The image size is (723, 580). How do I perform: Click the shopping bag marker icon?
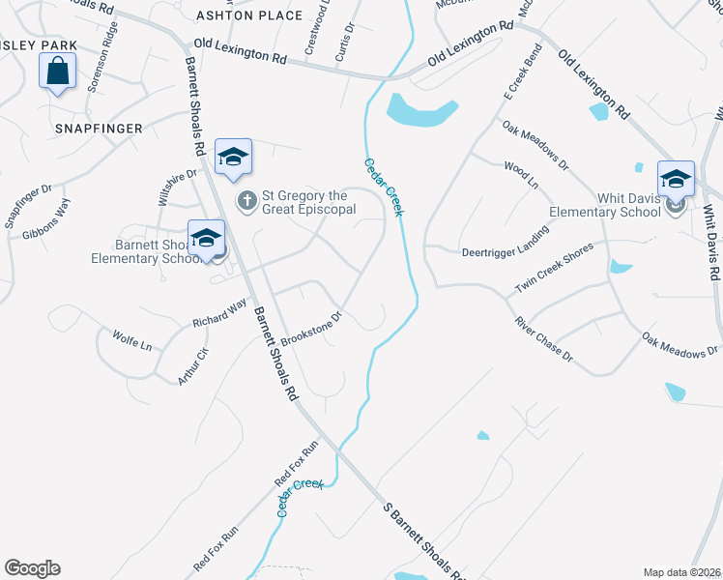point(58,71)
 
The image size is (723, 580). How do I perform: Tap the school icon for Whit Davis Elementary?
point(676,179)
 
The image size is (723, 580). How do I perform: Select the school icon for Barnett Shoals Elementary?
point(206,238)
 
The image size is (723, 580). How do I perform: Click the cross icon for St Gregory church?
point(246,202)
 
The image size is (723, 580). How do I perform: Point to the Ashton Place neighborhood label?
point(238,15)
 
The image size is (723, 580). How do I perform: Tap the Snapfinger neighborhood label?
point(99,129)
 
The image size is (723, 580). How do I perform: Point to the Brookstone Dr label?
point(312,330)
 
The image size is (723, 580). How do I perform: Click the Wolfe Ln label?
point(132,343)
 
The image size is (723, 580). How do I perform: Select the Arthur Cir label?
point(193,366)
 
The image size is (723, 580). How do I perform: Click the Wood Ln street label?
point(520,173)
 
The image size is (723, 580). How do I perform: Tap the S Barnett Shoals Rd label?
point(426,541)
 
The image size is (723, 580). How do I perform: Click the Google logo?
point(32,568)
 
